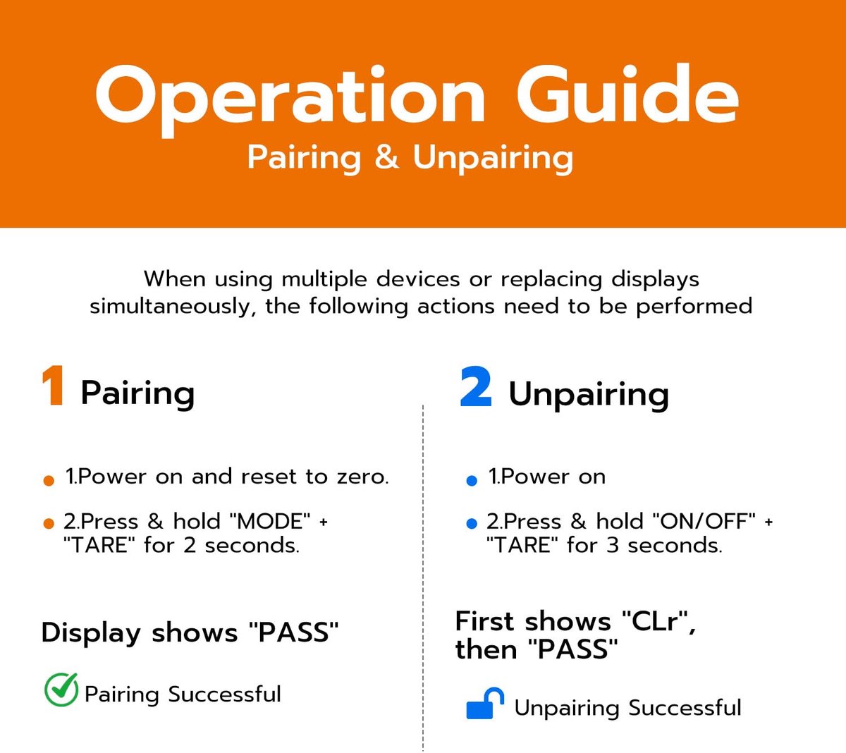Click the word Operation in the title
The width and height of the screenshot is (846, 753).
tap(290, 99)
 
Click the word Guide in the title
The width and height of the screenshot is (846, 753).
tap(627, 94)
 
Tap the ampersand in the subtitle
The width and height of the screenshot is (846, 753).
tap(386, 157)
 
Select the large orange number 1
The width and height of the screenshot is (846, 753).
tap(53, 386)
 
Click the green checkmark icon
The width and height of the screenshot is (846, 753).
tap(61, 690)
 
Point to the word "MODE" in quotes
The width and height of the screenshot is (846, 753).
tap(270, 521)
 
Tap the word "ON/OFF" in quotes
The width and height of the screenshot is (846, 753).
tap(704, 521)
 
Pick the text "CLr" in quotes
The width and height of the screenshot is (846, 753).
tap(655, 620)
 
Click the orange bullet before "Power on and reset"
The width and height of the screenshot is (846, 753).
tap(49, 481)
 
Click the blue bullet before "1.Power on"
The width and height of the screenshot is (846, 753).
tap(472, 481)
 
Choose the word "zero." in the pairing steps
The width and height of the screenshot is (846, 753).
tap(363, 477)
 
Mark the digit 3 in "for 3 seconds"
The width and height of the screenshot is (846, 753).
tap(612, 545)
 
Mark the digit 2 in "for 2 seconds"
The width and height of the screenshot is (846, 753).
tap(190, 545)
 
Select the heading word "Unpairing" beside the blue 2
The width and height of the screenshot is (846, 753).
tap(589, 394)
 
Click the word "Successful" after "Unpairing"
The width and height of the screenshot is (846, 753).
tap(685, 707)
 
